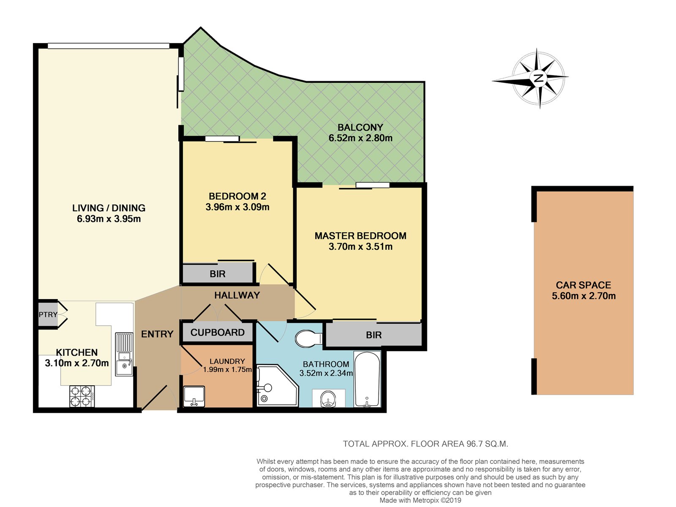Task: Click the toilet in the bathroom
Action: coord(308,338)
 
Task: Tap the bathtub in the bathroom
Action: coord(367,379)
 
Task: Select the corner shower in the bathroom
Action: coord(276,386)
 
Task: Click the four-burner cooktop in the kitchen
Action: coord(82,396)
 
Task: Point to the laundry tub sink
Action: coord(194,396)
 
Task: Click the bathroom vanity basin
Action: coord(329,398)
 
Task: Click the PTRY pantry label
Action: coord(48,314)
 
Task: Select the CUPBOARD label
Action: coord(218,333)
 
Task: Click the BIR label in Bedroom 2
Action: coord(218,274)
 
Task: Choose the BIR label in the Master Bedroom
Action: coord(373,335)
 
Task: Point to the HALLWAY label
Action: coord(237,295)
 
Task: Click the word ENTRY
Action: coord(157,334)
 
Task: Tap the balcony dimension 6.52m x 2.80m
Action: coord(360,138)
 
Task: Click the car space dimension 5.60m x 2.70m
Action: coord(583,296)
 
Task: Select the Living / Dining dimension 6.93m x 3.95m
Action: coord(109,219)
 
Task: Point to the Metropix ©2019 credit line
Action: coord(420,500)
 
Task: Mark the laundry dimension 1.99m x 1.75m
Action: coord(227,369)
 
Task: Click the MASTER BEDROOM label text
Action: coord(360,236)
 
